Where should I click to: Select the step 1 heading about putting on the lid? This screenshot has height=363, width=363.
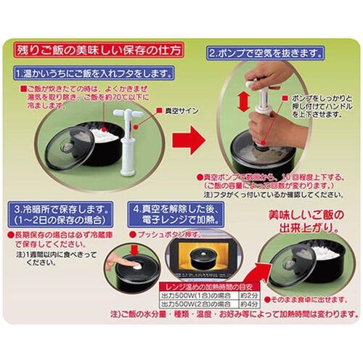point(94,74)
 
